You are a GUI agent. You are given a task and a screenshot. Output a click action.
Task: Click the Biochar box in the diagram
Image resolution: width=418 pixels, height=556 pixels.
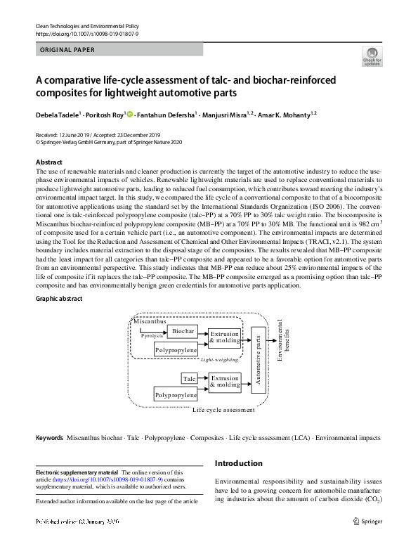point(183,331)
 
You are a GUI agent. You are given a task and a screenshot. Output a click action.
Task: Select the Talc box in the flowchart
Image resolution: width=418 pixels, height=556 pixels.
point(189,379)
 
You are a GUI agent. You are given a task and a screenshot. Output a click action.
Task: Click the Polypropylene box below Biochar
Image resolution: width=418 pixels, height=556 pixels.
point(176,349)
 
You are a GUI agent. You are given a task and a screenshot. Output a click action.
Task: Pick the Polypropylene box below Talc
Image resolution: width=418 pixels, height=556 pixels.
point(176,396)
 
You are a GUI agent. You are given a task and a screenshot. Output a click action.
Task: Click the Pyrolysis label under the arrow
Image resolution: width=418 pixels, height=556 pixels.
point(152,337)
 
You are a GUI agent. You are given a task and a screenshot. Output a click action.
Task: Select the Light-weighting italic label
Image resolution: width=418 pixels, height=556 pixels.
point(219,358)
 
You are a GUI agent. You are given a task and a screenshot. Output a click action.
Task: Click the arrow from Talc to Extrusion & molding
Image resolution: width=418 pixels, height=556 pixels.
point(203,379)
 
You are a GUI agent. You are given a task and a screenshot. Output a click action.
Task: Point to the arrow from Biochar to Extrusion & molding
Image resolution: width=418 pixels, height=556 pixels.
point(203,331)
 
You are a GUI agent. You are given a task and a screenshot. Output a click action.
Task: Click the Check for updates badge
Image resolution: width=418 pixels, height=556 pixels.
point(372,56)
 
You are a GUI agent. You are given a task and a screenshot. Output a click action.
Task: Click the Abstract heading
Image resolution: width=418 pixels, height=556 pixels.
point(49,162)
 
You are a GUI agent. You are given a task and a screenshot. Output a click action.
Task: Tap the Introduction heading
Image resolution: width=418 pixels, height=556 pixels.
point(239,463)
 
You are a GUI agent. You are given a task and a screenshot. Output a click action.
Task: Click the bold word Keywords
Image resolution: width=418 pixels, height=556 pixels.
point(49,437)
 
